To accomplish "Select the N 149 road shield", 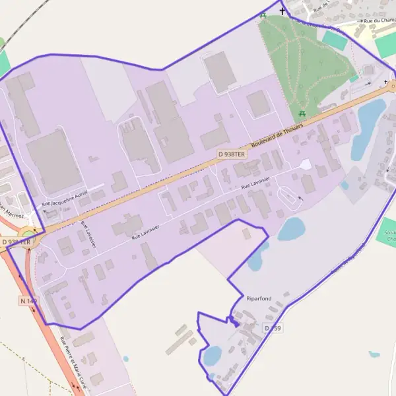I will pyautogui.click(x=28, y=301).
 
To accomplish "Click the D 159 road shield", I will pyautogui.click(x=273, y=328).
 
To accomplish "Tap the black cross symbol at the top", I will pyautogui.click(x=283, y=11).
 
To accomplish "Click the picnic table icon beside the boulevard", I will pyautogui.click(x=302, y=114).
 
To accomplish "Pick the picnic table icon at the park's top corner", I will pyautogui.click(x=263, y=15).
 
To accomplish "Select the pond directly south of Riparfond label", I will pyautogui.click(x=213, y=356).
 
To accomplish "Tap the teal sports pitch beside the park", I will pyautogui.click(x=335, y=40).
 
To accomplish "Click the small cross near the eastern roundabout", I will pyautogui.click(x=386, y=82).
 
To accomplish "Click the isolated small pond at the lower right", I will pyautogui.click(x=374, y=354).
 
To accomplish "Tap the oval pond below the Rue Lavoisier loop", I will pyautogui.click(x=291, y=229).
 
